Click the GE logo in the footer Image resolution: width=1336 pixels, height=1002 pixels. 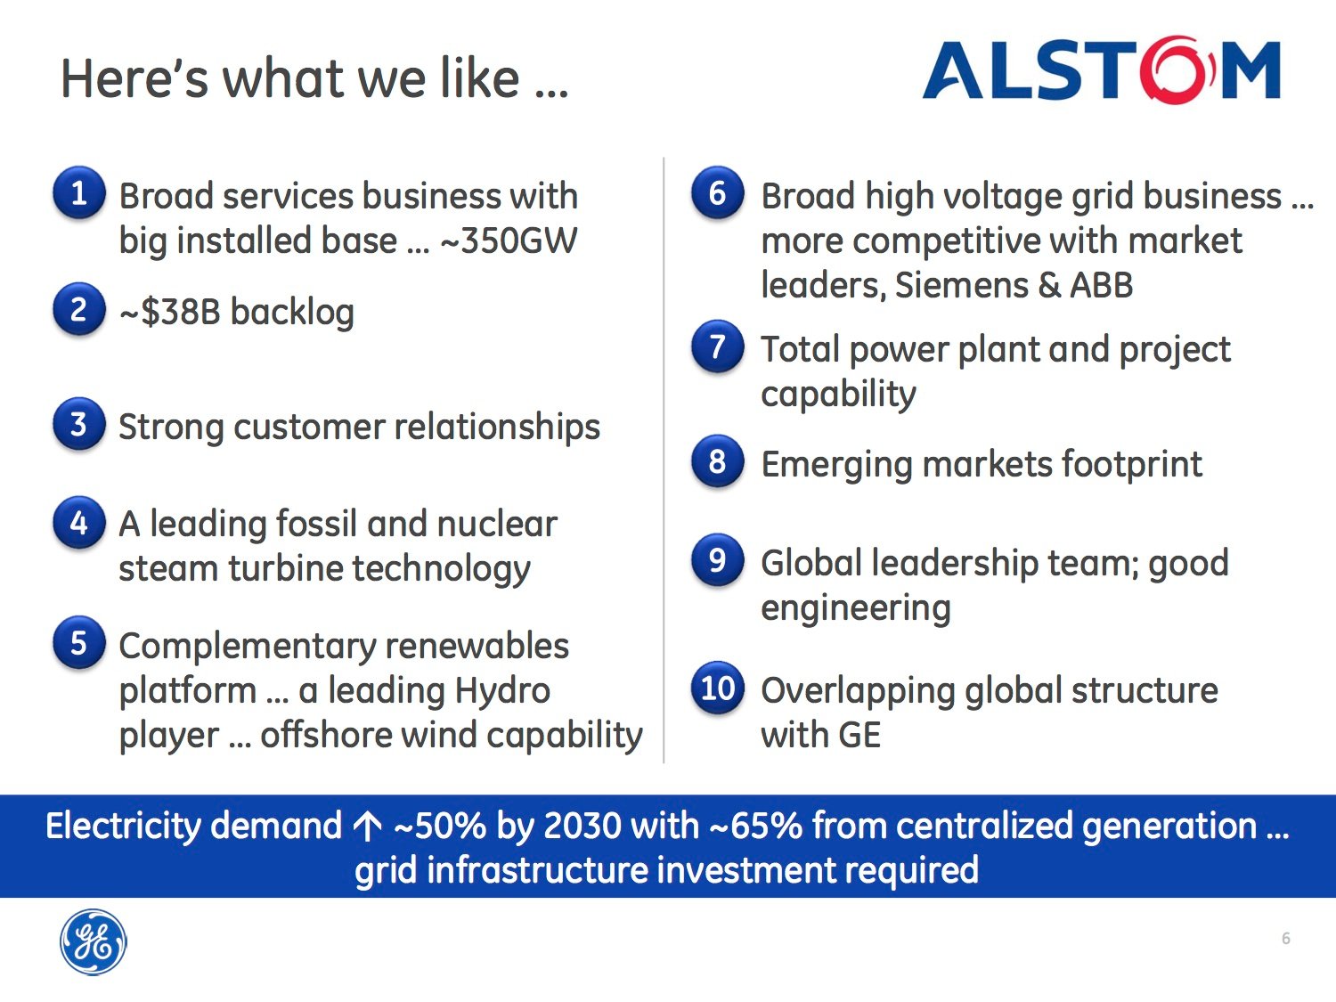(x=94, y=941)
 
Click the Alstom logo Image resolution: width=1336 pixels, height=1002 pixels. (x=1102, y=69)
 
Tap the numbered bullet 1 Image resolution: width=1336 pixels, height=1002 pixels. (x=79, y=193)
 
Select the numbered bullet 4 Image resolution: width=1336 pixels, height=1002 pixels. (x=79, y=523)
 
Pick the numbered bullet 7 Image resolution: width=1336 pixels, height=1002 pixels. (x=718, y=346)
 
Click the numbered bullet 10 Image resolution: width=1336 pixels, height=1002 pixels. (x=718, y=688)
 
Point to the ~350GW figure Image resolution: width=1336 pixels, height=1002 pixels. (x=509, y=240)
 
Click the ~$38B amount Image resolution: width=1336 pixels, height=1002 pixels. (x=170, y=312)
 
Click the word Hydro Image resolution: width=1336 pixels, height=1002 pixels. (x=502, y=690)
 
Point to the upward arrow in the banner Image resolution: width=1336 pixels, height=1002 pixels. (x=368, y=827)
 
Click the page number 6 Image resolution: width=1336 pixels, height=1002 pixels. (x=1285, y=939)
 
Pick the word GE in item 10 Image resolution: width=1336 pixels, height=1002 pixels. (x=859, y=735)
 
